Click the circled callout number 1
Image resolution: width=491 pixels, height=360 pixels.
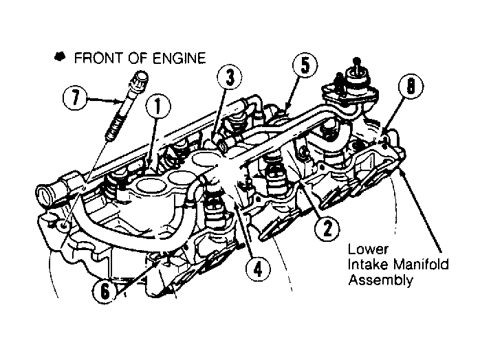(x=158, y=106)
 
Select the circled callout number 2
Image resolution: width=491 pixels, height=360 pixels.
(x=327, y=229)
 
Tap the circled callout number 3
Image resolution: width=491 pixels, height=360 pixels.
(x=230, y=77)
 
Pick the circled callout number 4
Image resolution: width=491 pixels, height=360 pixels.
(x=258, y=269)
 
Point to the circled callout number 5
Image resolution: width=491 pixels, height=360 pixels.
(x=305, y=65)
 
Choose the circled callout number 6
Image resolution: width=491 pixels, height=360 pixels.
(x=105, y=291)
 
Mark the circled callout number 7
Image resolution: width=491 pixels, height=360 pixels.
(x=75, y=98)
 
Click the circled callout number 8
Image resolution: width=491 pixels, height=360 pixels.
(x=411, y=85)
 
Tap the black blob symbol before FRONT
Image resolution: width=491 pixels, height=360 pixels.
(x=60, y=56)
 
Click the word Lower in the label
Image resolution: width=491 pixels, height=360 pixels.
(x=368, y=249)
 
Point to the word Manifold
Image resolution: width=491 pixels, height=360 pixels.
(x=421, y=265)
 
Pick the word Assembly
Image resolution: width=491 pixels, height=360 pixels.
(x=380, y=280)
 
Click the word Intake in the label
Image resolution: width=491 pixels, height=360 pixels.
(x=369, y=265)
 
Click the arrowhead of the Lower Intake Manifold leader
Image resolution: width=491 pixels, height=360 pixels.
(x=402, y=169)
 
